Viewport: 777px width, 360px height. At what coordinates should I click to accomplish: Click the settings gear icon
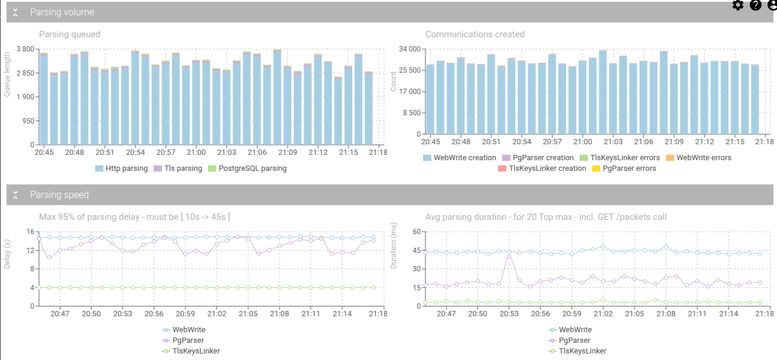pyautogui.click(x=738, y=5)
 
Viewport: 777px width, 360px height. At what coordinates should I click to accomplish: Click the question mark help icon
pyautogui.click(x=756, y=5)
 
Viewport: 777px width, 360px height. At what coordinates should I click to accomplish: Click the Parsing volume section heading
pyautogui.click(x=62, y=12)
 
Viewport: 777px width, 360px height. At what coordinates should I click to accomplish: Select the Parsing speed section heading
pyautogui.click(x=60, y=194)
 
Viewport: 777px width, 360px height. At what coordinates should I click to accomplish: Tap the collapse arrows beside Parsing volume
pyautogui.click(x=16, y=12)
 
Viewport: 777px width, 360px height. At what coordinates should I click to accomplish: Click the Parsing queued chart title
pyautogui.click(x=70, y=34)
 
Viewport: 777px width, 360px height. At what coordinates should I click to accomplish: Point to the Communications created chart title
pyautogui.click(x=474, y=34)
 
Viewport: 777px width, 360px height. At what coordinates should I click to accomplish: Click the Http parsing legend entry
pyautogui.click(x=122, y=168)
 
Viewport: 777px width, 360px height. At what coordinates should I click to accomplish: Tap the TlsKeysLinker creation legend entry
pyautogui.click(x=542, y=168)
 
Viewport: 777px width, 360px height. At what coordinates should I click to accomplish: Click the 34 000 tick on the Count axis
pyautogui.click(x=409, y=49)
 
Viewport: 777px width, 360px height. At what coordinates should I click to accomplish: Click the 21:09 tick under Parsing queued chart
pyautogui.click(x=288, y=153)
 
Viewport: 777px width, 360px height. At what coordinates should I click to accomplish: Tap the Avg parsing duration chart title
pyautogui.click(x=546, y=217)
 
